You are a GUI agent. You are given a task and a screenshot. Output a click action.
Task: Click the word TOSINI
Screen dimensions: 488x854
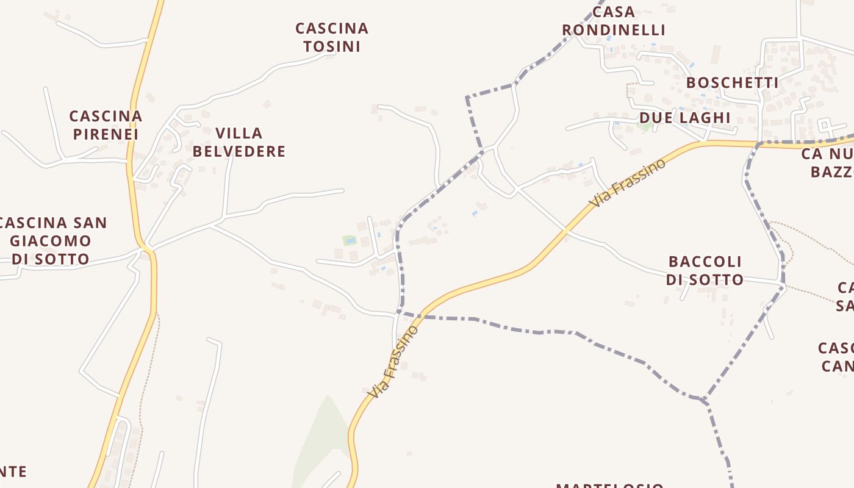click(332, 46)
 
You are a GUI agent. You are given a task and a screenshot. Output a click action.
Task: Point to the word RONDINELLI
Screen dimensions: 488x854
click(613, 30)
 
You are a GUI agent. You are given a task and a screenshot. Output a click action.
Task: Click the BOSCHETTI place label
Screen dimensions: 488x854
click(732, 83)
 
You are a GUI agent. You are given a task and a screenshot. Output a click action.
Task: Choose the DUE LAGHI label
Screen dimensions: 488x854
click(684, 117)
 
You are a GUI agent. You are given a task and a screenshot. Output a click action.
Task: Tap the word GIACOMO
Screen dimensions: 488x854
click(51, 241)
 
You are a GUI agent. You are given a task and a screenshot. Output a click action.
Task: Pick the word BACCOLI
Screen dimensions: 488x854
click(705, 262)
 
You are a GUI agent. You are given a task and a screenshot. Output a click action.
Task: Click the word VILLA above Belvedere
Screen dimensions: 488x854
click(239, 133)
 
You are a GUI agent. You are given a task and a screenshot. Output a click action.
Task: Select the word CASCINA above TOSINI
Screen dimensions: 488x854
click(332, 29)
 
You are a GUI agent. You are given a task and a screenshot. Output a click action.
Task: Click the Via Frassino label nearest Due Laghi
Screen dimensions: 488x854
click(628, 182)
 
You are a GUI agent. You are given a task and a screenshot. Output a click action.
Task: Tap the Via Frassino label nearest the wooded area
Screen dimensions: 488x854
click(394, 362)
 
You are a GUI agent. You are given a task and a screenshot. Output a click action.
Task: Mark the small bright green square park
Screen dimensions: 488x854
click(349, 240)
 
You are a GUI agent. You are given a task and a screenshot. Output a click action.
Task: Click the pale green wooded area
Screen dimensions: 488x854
click(323, 439)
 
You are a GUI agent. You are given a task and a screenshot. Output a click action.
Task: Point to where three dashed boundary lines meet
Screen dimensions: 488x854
click(705, 400)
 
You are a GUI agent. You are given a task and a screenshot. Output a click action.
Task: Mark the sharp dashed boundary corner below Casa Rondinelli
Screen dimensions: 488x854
click(467, 97)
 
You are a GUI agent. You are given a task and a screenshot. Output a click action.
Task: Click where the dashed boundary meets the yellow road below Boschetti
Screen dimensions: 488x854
click(758, 144)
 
